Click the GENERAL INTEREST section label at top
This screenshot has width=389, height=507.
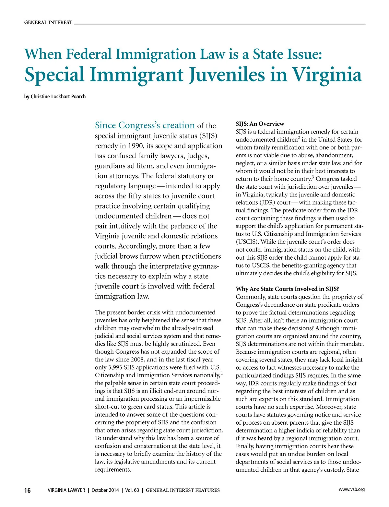[48, 22]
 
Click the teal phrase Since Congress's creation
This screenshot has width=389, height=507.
[145, 125]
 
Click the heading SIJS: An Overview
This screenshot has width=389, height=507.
[260, 124]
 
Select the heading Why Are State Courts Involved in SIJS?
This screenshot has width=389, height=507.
[287, 289]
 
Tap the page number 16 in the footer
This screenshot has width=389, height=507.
[28, 490]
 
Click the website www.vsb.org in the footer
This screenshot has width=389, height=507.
[352, 489]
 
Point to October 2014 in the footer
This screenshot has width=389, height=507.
[105, 490]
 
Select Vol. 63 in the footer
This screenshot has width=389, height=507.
[132, 490]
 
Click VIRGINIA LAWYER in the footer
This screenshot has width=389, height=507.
[66, 490]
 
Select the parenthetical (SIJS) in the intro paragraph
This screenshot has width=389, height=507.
[208, 136]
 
